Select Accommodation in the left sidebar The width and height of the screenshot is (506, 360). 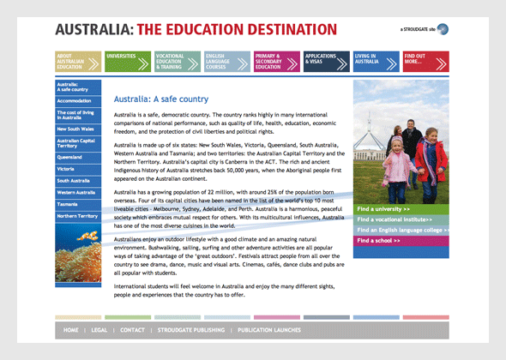click(x=75, y=101)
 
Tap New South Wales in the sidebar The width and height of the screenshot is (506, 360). click(x=75, y=129)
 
